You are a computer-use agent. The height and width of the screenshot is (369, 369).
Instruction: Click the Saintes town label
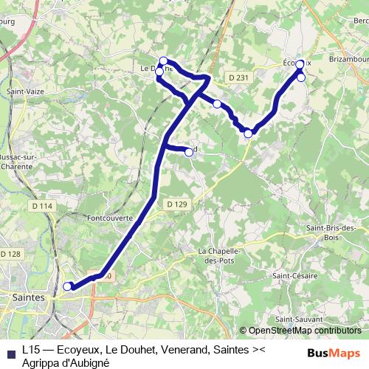(x=29, y=297)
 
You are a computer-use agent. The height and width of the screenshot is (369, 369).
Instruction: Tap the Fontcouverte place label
(x=109, y=219)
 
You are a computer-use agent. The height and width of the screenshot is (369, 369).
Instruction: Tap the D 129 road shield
(x=177, y=203)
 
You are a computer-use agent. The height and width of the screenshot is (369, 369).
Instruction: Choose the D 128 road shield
(x=10, y=254)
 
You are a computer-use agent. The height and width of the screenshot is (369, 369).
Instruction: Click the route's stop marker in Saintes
(x=67, y=286)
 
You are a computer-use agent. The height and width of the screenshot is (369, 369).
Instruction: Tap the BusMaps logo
(x=334, y=353)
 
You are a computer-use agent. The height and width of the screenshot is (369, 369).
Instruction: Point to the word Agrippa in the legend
(x=41, y=362)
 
